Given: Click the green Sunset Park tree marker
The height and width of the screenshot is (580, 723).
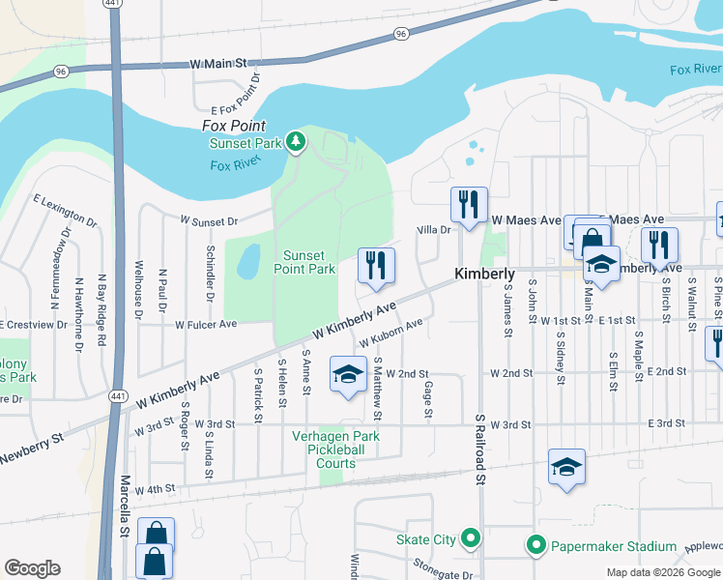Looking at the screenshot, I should [296, 144].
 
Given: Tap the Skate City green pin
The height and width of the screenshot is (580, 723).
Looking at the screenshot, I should [470, 538].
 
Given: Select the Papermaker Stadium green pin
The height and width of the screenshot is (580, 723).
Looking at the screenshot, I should [536, 546].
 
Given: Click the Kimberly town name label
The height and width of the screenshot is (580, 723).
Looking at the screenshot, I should [484, 275].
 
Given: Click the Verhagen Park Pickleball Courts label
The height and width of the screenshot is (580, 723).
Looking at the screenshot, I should [335, 449].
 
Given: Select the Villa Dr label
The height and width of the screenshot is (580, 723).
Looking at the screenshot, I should [434, 230].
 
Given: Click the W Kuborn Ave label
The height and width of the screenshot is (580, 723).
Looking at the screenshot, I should [390, 335].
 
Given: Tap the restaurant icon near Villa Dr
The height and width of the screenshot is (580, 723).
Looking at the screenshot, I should [468, 204].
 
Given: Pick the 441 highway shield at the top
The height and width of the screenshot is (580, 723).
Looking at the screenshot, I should [113, 5].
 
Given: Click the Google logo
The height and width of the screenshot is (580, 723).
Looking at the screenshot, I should [32, 568].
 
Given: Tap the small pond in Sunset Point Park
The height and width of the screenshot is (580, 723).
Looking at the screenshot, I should [248, 260].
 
